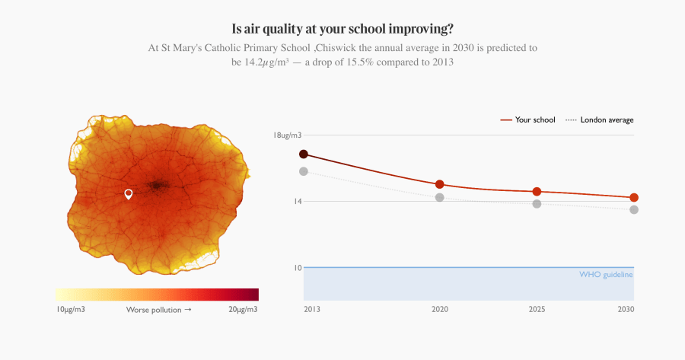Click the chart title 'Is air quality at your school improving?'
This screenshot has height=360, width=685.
pyautogui.click(x=342, y=29)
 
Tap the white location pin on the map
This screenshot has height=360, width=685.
pyautogui.click(x=129, y=194)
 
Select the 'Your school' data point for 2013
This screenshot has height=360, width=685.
pyautogui.click(x=304, y=154)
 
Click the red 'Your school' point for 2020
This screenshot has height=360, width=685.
pyautogui.click(x=439, y=184)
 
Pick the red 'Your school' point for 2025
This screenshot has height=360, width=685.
pyautogui.click(x=537, y=192)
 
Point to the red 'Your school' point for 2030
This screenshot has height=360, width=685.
pyautogui.click(x=633, y=198)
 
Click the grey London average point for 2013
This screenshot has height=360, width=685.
pyautogui.click(x=304, y=171)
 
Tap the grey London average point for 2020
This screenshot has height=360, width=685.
pyautogui.click(x=439, y=198)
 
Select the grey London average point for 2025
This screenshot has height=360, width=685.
pyautogui.click(x=537, y=204)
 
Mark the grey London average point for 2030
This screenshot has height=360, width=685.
pyautogui.click(x=633, y=209)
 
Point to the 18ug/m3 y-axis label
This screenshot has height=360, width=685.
pyautogui.click(x=288, y=135)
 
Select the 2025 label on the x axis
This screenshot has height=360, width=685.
pyautogui.click(x=537, y=310)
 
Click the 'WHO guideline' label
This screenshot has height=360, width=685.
pyautogui.click(x=606, y=274)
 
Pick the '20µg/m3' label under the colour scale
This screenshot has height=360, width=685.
pyautogui.click(x=242, y=310)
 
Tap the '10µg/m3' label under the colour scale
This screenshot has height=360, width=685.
pyautogui.click(x=71, y=310)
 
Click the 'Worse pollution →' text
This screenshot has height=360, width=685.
pyautogui.click(x=158, y=310)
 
